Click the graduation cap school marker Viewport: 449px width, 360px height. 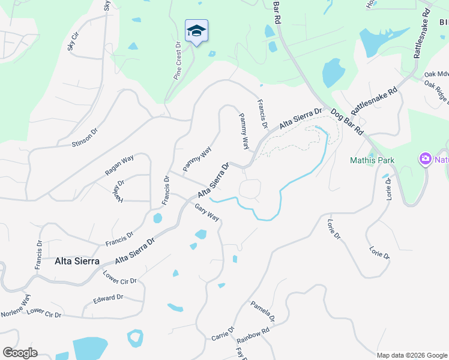click(196, 31)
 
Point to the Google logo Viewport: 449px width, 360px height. click(20, 353)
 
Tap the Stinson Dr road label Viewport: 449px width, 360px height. click(84, 136)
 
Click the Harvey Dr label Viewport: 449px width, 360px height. click(117, 191)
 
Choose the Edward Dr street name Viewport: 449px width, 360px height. click(108, 298)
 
